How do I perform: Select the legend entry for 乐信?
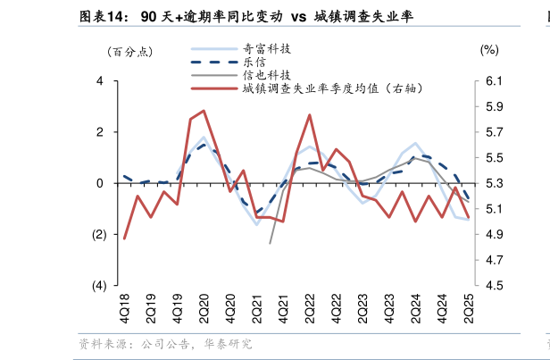pyautogui.click(x=253, y=63)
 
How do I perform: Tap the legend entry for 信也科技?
pyautogui.click(x=267, y=76)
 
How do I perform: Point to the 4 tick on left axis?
pyautogui.click(x=100, y=81)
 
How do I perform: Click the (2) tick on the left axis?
pyautogui.click(x=98, y=235)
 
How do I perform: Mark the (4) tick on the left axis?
pyautogui.click(x=98, y=286)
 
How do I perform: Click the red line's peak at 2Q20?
pyautogui.click(x=204, y=111)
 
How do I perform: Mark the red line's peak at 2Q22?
pyautogui.click(x=309, y=114)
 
